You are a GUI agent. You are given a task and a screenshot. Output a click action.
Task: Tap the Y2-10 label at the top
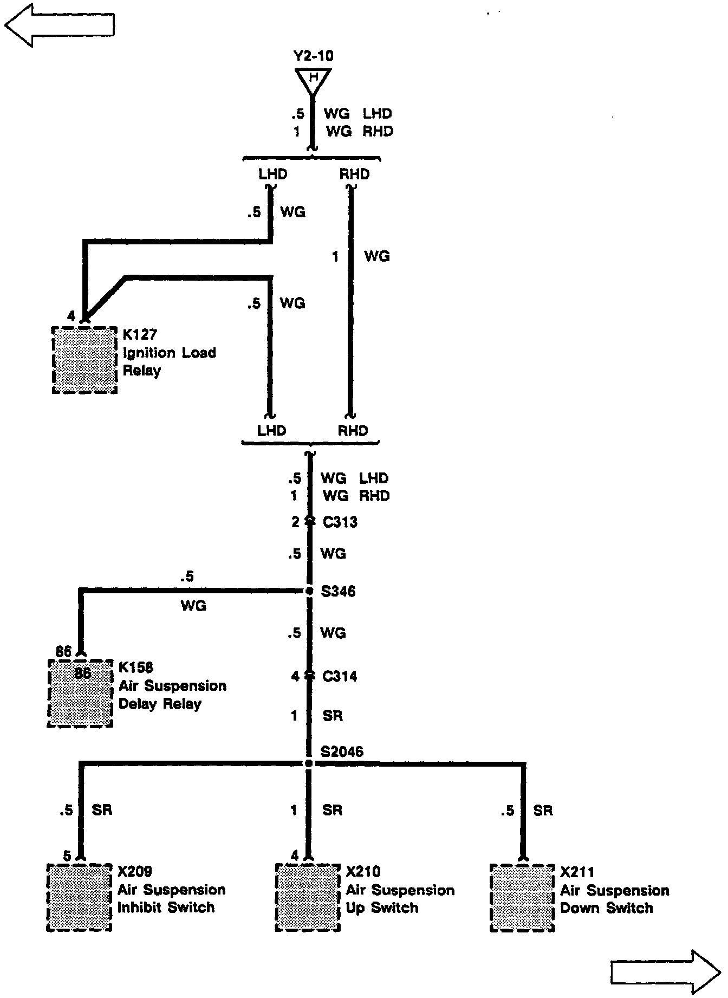point(313,56)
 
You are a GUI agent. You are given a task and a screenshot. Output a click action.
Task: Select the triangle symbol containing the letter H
point(313,79)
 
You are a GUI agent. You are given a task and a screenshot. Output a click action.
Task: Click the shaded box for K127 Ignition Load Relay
point(85,360)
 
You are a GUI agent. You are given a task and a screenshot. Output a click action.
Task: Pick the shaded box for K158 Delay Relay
point(80,694)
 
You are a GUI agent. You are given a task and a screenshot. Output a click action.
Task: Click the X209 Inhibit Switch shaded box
point(79,897)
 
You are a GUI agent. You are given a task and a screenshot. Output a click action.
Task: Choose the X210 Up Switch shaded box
point(308,897)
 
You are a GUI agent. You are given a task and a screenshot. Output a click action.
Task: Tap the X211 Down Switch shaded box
point(522,898)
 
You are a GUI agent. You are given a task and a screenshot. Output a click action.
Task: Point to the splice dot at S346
point(309,591)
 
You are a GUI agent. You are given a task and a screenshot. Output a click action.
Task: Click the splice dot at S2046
point(309,763)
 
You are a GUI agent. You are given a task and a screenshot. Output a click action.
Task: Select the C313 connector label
point(340,522)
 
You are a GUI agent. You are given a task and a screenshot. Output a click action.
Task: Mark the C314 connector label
point(340,676)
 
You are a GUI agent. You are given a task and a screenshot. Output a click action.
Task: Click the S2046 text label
point(341,751)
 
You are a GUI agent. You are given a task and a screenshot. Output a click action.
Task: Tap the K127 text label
point(140,334)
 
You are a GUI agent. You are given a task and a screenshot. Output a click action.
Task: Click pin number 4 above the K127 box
point(71,316)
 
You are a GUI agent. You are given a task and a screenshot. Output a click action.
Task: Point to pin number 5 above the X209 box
point(67,856)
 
